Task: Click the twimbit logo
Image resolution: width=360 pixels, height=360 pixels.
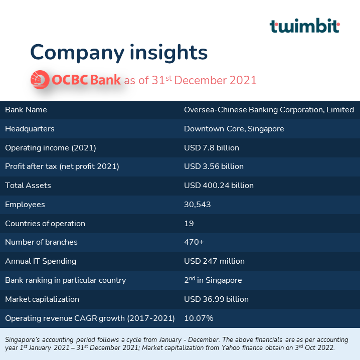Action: (x=304, y=26)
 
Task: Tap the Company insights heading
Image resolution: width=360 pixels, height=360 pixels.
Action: (x=118, y=52)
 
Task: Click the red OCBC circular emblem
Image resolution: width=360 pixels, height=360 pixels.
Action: (x=39, y=80)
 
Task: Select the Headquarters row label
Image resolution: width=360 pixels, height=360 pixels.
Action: (x=30, y=129)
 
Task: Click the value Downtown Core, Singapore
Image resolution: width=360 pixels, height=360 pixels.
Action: (x=234, y=129)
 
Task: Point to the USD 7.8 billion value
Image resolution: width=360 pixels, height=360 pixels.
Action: (x=211, y=148)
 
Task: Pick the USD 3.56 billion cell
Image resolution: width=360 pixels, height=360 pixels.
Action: (x=214, y=166)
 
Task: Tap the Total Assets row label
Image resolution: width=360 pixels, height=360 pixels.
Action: (x=28, y=186)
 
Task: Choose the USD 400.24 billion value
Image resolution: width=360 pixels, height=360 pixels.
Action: (x=219, y=186)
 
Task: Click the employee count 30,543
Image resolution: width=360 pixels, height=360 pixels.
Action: (x=197, y=205)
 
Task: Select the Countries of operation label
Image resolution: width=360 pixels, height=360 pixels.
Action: (x=45, y=224)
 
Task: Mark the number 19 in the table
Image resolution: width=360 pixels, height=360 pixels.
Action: (x=189, y=224)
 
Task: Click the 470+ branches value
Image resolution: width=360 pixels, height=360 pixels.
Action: (x=194, y=242)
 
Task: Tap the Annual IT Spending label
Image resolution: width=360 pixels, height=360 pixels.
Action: (x=41, y=261)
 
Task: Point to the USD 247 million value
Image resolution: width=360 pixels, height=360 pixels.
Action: (x=214, y=261)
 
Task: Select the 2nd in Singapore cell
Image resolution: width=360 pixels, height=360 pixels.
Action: (x=213, y=280)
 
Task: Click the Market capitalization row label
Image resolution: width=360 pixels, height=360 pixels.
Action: (x=42, y=299)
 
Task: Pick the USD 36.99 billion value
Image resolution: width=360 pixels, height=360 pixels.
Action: (x=216, y=299)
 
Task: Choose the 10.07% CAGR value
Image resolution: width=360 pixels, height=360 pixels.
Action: (x=199, y=318)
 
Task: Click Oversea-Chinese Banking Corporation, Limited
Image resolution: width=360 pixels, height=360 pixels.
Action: (x=269, y=110)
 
